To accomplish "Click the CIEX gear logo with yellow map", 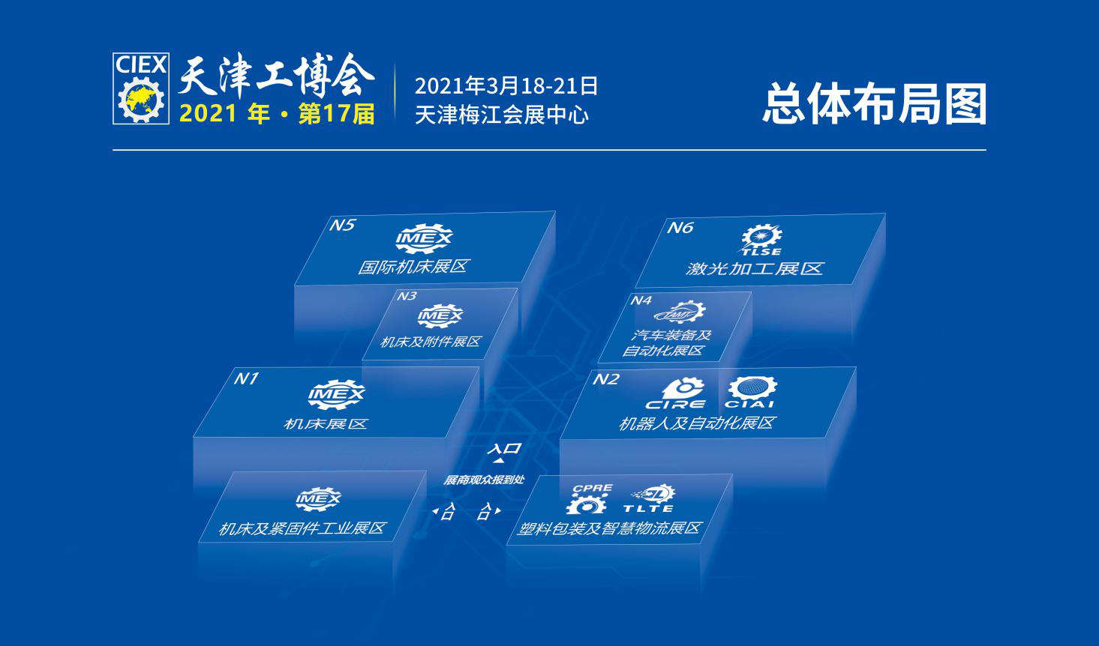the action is pyautogui.click(x=141, y=88).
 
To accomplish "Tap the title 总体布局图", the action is pyautogui.click(x=874, y=104).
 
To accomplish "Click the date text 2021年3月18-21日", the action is pyautogui.click(x=506, y=85).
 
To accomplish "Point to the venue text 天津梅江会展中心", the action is pyautogui.click(x=501, y=115).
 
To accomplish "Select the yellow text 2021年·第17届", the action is pyautogui.click(x=277, y=114).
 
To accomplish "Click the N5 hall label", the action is pyautogui.click(x=342, y=225).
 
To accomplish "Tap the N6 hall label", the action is pyautogui.click(x=680, y=227).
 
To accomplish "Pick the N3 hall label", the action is pyautogui.click(x=407, y=296).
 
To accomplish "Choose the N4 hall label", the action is pyautogui.click(x=641, y=300).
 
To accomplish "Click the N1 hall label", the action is pyautogui.click(x=246, y=378).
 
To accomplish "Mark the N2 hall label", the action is pyautogui.click(x=606, y=379).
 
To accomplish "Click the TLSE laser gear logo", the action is pyautogui.click(x=761, y=240).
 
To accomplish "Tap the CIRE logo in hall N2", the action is pyautogui.click(x=676, y=393).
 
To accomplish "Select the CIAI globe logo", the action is pyautogui.click(x=751, y=392).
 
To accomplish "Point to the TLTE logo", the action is pyautogui.click(x=650, y=498).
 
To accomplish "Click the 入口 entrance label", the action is pyautogui.click(x=504, y=448).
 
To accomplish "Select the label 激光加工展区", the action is pyautogui.click(x=754, y=268).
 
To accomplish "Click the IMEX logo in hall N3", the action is pyautogui.click(x=440, y=316).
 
